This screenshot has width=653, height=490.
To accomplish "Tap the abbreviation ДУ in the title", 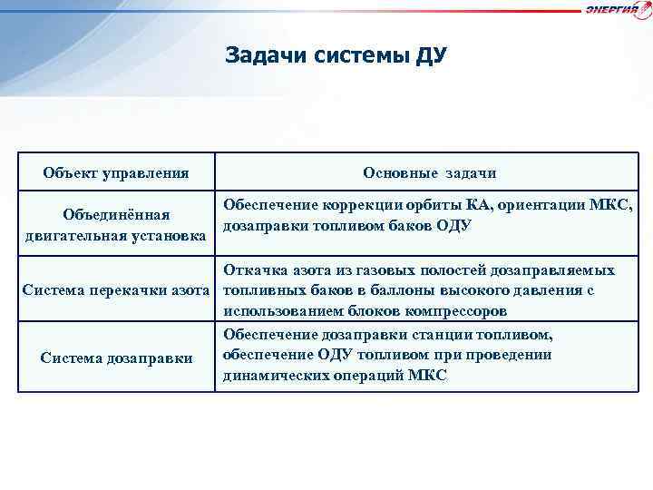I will (429, 56).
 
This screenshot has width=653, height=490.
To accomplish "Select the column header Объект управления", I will (116, 172).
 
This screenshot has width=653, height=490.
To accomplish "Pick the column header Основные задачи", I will (429, 172).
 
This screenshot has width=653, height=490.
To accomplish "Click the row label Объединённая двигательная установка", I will (116, 226).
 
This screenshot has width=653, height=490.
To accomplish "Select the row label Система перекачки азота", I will (116, 290).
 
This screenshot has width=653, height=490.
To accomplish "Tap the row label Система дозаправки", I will (116, 358).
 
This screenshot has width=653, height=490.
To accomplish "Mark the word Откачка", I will (251, 270).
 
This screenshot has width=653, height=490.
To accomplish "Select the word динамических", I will (270, 376).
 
